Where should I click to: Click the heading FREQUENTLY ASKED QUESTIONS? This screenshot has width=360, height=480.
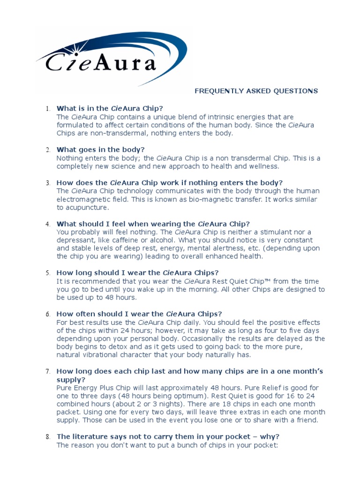[x=256, y=91]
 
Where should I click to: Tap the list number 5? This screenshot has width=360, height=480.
[x=48, y=273]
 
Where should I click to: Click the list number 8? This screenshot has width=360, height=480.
[x=48, y=437]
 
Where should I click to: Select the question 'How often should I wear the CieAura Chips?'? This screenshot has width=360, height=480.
[x=139, y=314]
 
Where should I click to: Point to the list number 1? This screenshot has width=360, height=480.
[x=48, y=109]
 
